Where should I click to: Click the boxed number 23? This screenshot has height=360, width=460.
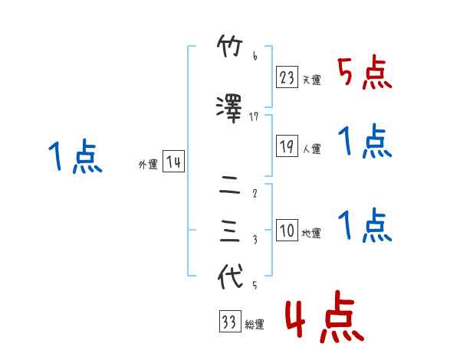click(x=287, y=77)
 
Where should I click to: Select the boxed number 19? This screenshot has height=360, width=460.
click(x=287, y=146)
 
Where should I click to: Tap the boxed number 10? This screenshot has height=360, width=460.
click(x=287, y=231)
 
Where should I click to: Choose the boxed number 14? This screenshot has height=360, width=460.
click(x=173, y=162)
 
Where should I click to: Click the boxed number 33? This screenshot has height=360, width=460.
click(x=229, y=322)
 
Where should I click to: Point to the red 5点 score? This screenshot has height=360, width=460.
click(x=365, y=74)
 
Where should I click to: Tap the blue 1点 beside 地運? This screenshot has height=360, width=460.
click(x=365, y=225)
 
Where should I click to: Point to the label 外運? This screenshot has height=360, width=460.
click(x=148, y=165)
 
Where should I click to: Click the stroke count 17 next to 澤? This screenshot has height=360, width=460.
click(x=255, y=116)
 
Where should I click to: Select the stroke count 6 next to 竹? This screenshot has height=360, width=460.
click(x=255, y=57)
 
